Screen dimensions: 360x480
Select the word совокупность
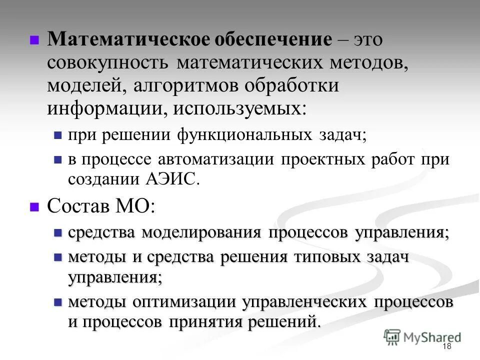point(108,63)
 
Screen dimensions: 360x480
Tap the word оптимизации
point(184,302)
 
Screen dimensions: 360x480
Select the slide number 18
point(447,346)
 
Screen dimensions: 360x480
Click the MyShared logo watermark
point(423,337)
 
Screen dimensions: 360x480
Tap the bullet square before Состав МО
point(34,206)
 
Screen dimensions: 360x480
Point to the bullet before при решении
point(57,135)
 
